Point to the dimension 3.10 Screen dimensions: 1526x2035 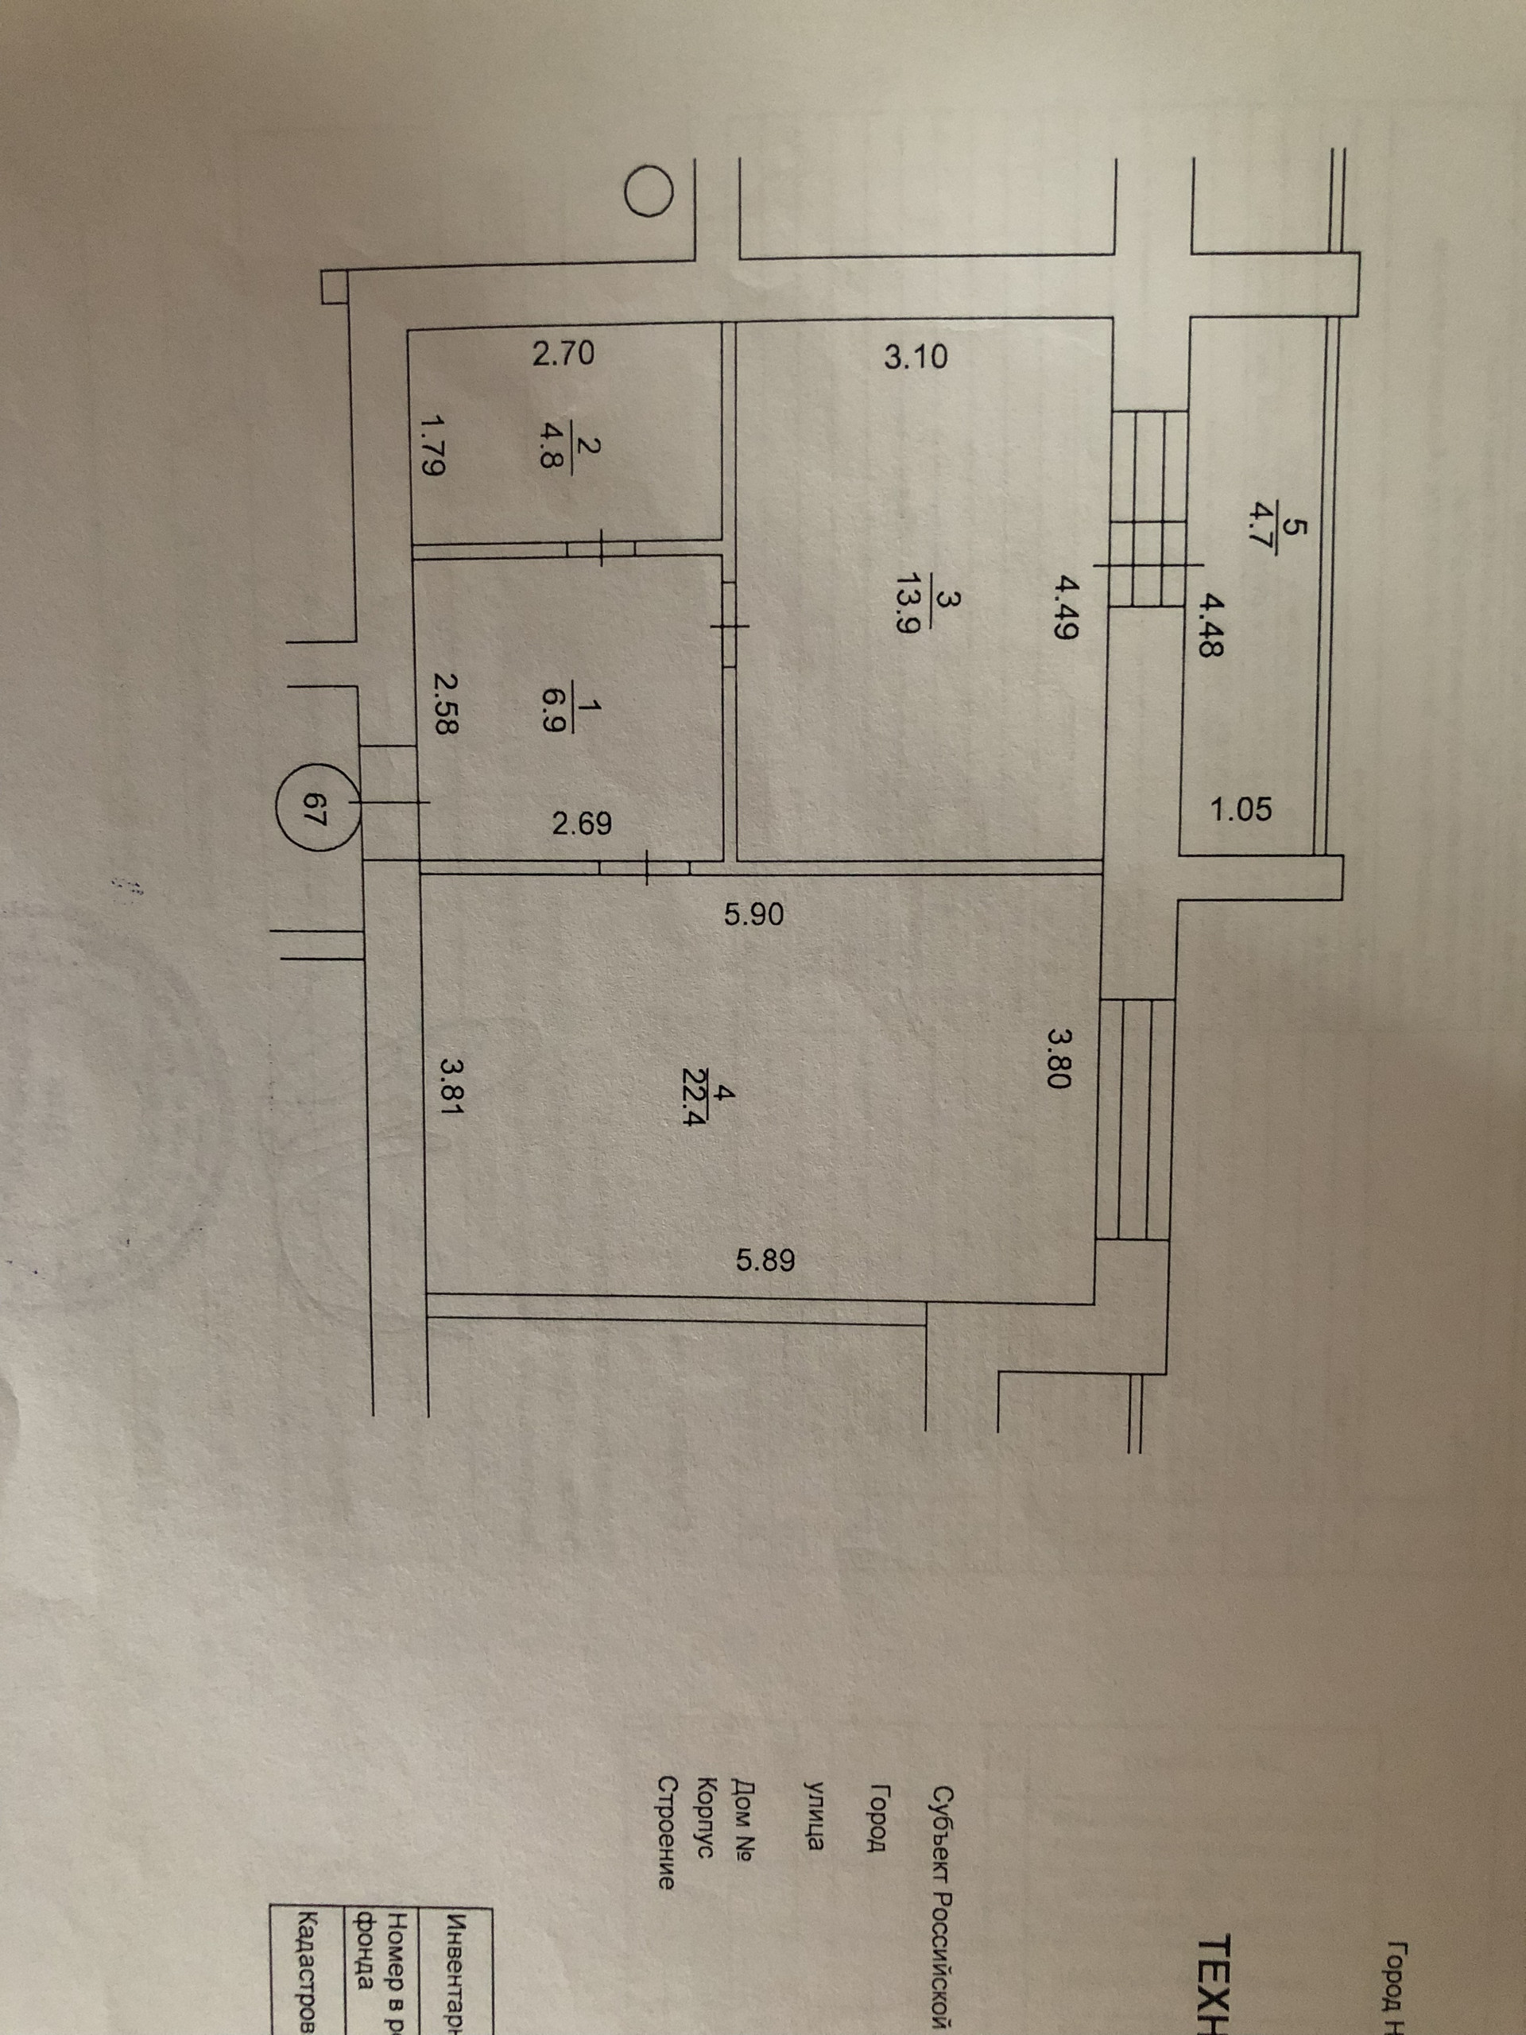916,356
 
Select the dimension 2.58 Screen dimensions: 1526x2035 443,704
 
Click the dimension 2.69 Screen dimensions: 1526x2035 583,821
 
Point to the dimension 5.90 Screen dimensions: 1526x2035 753,913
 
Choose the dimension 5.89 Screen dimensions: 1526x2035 765,1259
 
